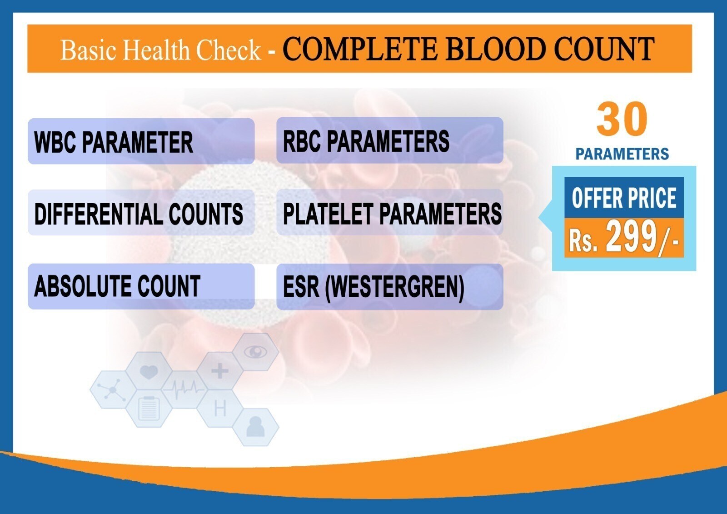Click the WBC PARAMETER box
(141, 141)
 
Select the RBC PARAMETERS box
(390, 140)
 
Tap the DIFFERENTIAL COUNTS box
(141, 213)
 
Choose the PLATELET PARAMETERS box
(390, 212)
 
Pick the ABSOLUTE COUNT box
(141, 286)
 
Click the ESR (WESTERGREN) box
(390, 287)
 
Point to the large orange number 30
(622, 120)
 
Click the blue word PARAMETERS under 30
(622, 154)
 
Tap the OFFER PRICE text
(624, 198)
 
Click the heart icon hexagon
(149, 371)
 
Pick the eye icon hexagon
(256, 352)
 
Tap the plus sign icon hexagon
(220, 371)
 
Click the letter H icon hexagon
(220, 409)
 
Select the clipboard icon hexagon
(149, 409)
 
